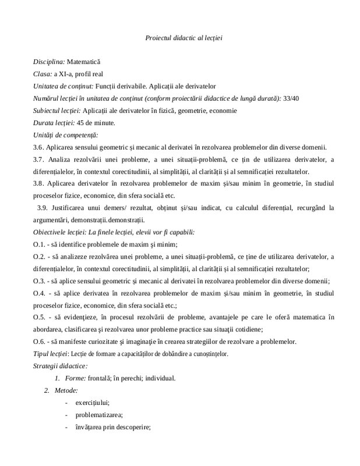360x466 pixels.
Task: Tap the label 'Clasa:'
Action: pos(43,74)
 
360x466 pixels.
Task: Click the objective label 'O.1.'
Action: pos(40,244)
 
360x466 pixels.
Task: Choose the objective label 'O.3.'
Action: pos(40,280)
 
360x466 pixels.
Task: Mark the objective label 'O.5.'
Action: pos(40,317)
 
